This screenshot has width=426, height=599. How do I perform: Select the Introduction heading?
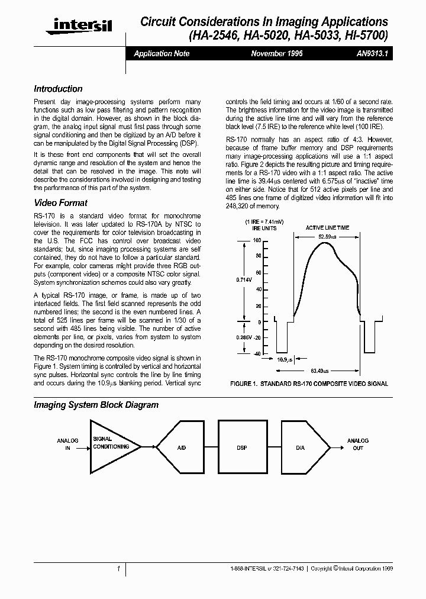coord(58,89)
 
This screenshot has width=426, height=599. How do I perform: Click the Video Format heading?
coord(60,202)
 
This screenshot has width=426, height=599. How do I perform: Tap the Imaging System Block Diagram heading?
coord(96,405)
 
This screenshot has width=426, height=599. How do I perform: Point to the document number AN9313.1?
coord(372,53)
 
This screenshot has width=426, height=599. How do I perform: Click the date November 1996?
coord(277,53)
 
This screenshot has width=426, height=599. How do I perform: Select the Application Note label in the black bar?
coord(162,53)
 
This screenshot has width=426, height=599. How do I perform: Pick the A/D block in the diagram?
coord(181,447)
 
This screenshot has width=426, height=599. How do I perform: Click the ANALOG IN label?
coord(67,445)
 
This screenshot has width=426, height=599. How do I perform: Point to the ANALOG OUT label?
coord(358,445)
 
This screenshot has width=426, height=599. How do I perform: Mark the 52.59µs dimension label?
coord(327,237)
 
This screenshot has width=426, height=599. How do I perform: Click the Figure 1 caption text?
coord(309,384)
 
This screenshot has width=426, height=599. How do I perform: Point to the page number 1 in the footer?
coord(118,568)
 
